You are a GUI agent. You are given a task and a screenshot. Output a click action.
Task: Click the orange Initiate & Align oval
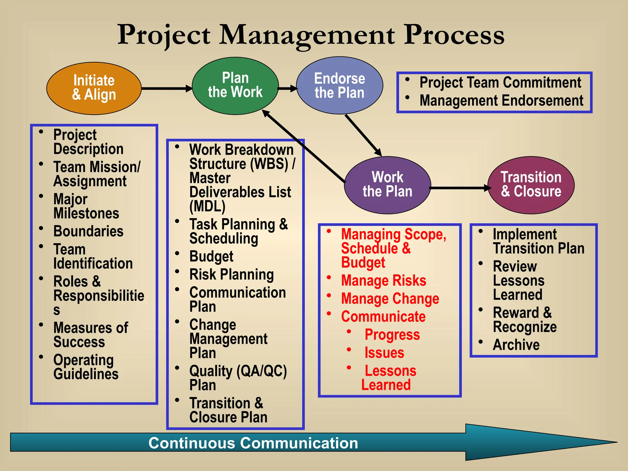94,88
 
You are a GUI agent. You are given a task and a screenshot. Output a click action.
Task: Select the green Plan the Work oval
235,86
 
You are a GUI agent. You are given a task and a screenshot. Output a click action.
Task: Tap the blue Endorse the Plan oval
339,86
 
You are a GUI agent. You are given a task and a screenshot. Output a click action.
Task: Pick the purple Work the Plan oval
387,185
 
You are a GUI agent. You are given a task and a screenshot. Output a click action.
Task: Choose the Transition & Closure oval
531,185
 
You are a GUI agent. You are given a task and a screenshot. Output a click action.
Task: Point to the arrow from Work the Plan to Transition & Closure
459,188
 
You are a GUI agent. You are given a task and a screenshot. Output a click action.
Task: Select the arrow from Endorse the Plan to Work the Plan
363,135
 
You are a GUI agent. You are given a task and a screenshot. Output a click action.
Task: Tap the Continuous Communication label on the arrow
253,443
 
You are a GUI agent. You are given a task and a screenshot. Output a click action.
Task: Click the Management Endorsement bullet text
501,101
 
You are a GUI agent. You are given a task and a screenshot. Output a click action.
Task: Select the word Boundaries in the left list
88,231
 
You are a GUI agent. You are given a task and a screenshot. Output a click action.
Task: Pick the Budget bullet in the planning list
211,256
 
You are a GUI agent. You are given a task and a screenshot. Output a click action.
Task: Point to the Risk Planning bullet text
232,274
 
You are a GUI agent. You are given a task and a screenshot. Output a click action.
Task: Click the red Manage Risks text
384,281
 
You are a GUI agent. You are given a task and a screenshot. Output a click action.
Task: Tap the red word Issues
384,353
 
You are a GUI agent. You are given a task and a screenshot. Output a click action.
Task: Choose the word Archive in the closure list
516,345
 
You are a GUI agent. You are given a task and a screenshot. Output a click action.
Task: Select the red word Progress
392,335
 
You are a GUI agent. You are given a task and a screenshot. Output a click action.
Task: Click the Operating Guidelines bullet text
86,367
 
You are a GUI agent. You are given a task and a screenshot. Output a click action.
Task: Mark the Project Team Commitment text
500,82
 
